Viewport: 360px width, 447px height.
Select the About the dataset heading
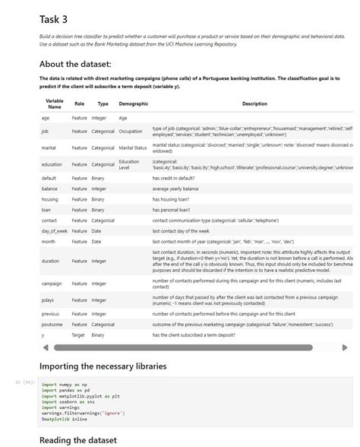click(75, 64)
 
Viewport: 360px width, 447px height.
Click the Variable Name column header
click(54, 103)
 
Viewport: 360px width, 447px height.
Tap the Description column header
click(254, 103)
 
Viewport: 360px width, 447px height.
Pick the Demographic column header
click(133, 103)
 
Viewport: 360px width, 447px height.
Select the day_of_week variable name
click(55, 230)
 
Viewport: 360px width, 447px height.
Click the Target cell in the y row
click(79, 334)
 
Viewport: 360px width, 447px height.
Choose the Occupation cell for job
click(131, 132)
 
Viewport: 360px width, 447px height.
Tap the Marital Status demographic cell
click(133, 147)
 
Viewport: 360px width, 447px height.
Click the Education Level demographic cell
click(129, 164)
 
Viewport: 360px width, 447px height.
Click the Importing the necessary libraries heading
click(103, 366)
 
